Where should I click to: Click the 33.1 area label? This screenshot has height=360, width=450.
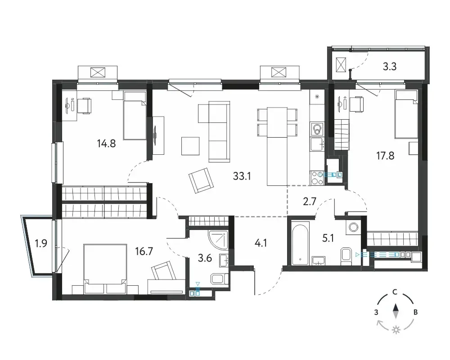[242, 176]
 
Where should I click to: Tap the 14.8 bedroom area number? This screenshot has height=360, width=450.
[106, 143]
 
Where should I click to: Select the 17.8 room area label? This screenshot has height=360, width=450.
[385, 156]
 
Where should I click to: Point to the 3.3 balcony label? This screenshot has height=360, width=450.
[390, 67]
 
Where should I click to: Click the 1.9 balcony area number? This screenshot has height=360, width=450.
[41, 243]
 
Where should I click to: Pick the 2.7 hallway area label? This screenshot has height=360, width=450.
[310, 202]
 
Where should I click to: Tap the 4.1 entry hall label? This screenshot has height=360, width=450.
[261, 243]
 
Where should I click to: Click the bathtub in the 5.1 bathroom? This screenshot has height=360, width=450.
[300, 243]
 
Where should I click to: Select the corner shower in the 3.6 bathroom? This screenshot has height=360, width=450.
[219, 240]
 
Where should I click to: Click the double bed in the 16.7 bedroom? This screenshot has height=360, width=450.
[105, 269]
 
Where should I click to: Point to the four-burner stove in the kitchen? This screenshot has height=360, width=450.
[317, 178]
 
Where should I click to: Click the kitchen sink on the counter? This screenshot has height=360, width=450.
[317, 144]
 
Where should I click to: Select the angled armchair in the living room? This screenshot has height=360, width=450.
[201, 180]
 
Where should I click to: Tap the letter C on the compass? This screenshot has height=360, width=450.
[395, 292]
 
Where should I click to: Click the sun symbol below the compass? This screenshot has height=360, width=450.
[396, 330]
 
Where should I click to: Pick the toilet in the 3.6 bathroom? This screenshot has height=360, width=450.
[220, 279]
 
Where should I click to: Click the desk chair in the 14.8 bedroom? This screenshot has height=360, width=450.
[85, 105]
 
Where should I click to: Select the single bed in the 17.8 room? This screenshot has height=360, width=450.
[406, 114]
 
